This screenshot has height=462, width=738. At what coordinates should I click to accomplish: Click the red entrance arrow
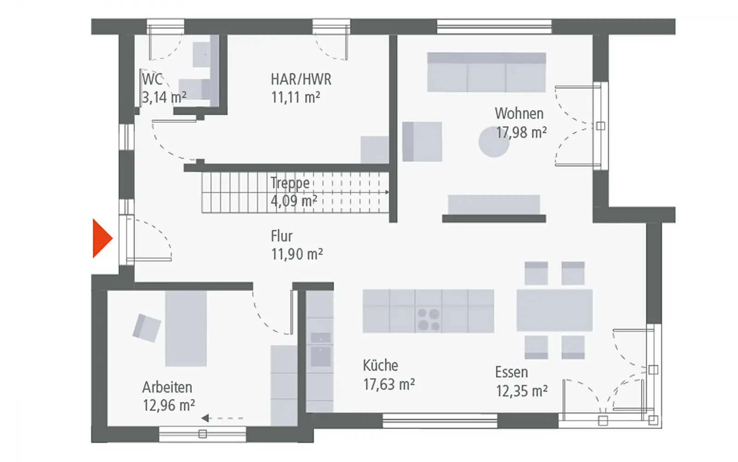[102, 238]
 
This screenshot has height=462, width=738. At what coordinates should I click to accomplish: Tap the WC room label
[152, 79]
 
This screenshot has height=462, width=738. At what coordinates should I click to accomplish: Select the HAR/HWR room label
[301, 79]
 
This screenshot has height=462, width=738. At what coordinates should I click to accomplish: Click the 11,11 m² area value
[296, 97]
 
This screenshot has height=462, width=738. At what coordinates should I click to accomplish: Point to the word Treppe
[290, 183]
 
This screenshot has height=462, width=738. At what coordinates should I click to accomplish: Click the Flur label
[282, 236]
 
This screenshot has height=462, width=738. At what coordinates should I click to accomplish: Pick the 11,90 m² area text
[297, 254]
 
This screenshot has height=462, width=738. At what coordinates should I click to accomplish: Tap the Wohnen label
[519, 114]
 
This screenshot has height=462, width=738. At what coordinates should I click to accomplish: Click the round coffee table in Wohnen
[494, 142]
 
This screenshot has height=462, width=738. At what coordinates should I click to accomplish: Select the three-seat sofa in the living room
[486, 72]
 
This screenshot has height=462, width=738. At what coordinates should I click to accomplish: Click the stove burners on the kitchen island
[429, 319]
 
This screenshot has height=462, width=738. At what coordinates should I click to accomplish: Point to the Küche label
[381, 365]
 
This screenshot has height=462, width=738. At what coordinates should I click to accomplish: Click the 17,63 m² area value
[389, 384]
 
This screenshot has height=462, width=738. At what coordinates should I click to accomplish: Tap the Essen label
[512, 372]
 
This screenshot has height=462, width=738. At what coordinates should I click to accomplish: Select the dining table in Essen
[554, 310]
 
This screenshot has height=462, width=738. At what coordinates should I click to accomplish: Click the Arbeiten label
[167, 388]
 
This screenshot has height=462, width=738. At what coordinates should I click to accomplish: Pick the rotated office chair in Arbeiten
[147, 328]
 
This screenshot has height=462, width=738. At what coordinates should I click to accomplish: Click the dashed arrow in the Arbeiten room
[222, 419]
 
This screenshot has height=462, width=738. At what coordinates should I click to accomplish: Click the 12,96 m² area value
[169, 405]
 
